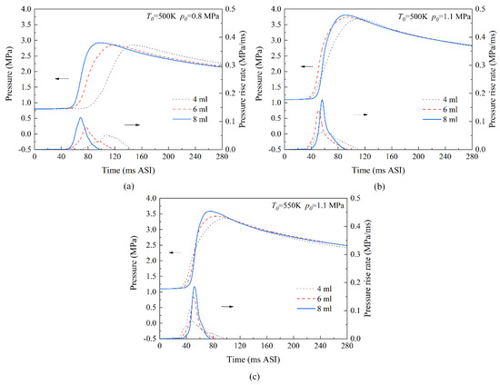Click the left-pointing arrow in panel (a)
pos(63,79)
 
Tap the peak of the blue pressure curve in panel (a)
pos(100,43)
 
